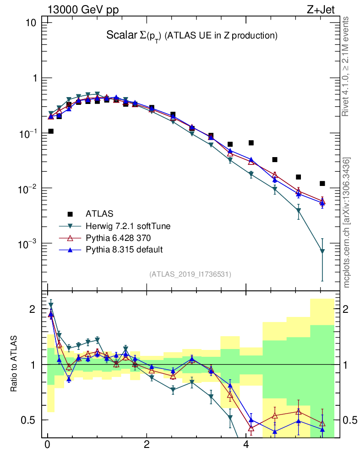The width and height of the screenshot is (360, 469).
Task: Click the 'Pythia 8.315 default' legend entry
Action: pyautogui.click(x=124, y=249)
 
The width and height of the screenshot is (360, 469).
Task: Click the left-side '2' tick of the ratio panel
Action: pyautogui.click(x=33, y=309)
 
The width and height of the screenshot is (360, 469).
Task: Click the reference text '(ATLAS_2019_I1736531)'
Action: pyautogui.click(x=190, y=274)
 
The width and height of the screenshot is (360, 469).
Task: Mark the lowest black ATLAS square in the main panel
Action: pyautogui.click(x=322, y=184)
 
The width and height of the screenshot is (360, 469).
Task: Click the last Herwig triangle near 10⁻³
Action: pyautogui.click(x=322, y=251)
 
